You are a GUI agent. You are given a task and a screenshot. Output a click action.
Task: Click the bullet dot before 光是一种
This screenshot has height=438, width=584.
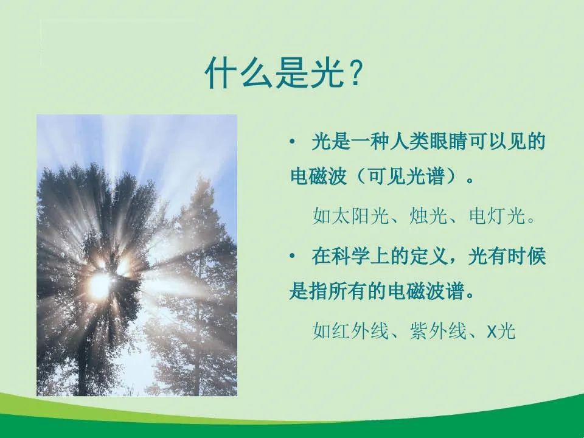pyautogui.click(x=292, y=141)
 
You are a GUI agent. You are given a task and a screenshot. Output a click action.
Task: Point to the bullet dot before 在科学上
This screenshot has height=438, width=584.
pyautogui.click(x=292, y=256)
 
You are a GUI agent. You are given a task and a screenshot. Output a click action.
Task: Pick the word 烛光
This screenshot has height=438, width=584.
pyautogui.click(x=428, y=215)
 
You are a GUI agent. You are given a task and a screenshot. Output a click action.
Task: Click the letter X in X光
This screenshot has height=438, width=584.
pyautogui.click(x=492, y=331)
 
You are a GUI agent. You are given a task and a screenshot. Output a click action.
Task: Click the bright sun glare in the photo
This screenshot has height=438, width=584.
pyautogui.click(x=100, y=285)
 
